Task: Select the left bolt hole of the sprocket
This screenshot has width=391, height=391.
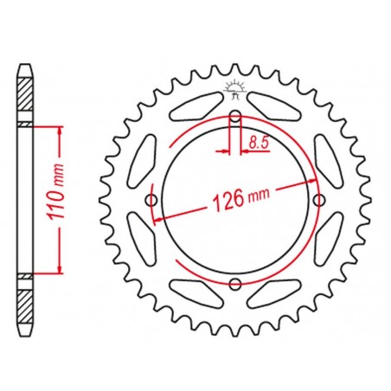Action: tap(153, 201)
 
